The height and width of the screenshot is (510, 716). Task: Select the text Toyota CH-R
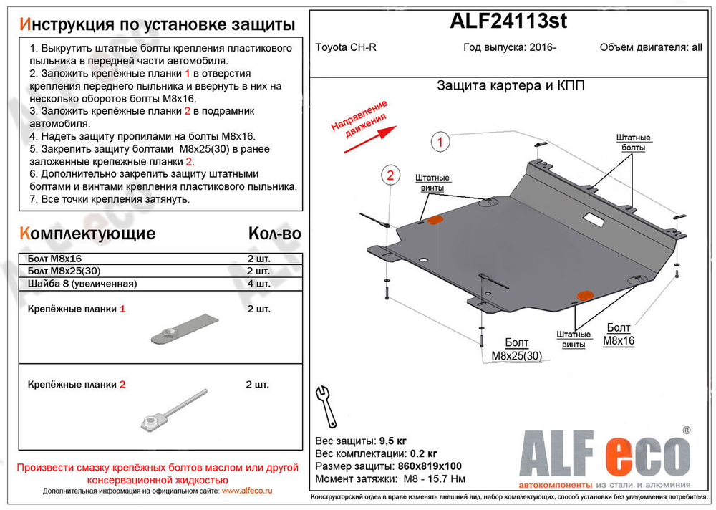(x=344, y=49)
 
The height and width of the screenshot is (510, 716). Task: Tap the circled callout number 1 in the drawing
(x=441, y=143)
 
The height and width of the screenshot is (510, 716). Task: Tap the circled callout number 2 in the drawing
(x=390, y=175)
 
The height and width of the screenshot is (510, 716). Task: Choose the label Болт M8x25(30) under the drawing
(x=518, y=350)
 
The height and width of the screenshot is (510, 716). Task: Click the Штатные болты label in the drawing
(x=633, y=143)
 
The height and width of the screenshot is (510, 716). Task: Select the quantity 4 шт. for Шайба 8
(x=258, y=284)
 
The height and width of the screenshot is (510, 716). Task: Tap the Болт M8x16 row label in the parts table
(x=55, y=258)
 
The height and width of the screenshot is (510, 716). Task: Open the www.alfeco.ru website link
(x=247, y=491)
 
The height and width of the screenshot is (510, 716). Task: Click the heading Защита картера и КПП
(x=511, y=86)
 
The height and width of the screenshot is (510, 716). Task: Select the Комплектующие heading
(x=88, y=234)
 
